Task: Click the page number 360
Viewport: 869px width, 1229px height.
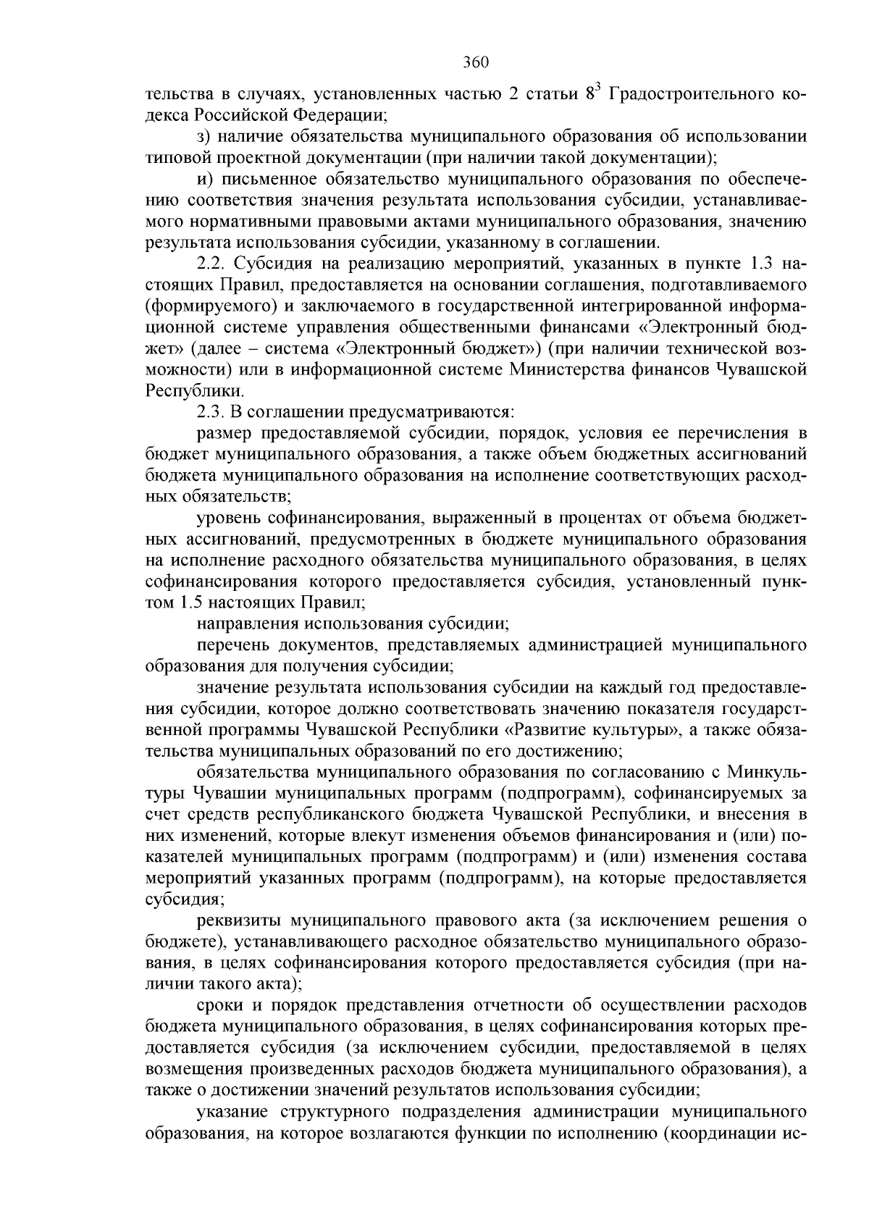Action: [477, 62]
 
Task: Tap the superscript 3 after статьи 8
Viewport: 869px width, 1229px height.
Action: [597, 89]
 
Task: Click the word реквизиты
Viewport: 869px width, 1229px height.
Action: [239, 920]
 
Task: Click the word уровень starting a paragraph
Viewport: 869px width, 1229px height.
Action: [227, 518]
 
